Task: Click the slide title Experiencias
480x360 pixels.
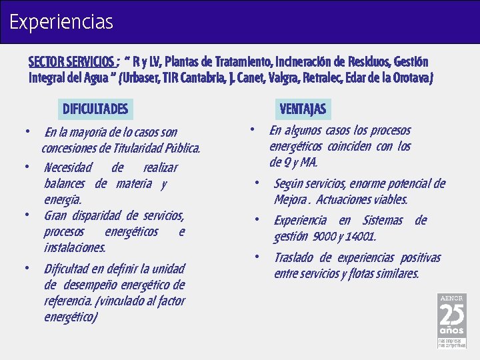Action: (x=61, y=22)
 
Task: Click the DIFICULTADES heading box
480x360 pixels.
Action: (x=95, y=109)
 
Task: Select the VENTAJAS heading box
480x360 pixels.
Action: (x=303, y=109)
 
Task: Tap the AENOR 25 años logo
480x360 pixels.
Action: (x=451, y=320)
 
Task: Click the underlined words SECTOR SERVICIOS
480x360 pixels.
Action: (x=72, y=62)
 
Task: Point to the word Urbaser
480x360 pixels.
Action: (x=146, y=78)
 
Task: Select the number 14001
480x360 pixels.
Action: (x=361, y=237)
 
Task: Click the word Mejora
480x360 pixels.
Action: (x=291, y=200)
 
